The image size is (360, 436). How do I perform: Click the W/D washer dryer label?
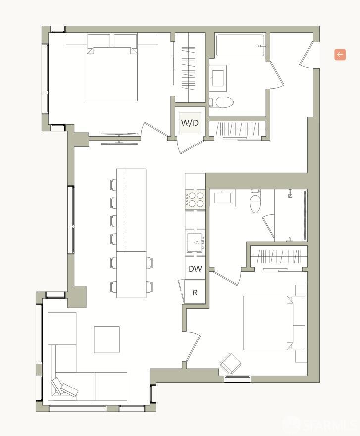(x=190, y=123)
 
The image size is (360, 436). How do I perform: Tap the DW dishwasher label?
(x=195, y=269)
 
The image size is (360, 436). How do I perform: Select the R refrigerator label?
(x=195, y=292)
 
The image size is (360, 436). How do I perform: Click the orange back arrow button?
(x=340, y=55)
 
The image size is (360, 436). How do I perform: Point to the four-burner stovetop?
(x=195, y=199)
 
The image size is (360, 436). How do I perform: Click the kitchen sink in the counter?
(x=195, y=242)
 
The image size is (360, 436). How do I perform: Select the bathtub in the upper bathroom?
(x=241, y=46)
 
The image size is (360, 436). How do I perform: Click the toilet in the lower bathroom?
(x=255, y=202)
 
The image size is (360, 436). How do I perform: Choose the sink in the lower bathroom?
(x=222, y=198)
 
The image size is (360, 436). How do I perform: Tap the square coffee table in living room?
(x=106, y=339)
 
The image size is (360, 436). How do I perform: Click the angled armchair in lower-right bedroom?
(x=231, y=364)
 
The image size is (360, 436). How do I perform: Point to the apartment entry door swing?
(x=306, y=55)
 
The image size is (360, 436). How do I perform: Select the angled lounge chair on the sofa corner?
(x=64, y=388)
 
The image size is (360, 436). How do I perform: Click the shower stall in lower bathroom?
(x=291, y=215)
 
